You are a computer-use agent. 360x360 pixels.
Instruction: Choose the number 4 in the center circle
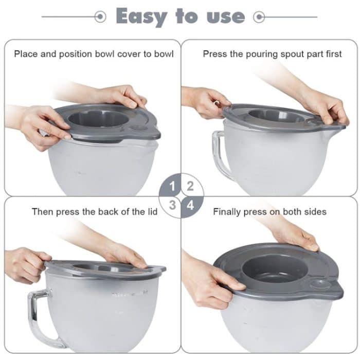[190, 205]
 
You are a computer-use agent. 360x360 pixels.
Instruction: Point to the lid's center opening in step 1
[98, 118]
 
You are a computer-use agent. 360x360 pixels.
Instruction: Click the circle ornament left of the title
[101, 17]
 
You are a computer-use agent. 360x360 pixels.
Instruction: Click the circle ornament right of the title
[260, 17]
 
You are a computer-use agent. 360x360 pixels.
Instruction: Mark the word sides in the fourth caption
[315, 211]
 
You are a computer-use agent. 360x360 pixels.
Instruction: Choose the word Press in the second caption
[214, 53]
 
